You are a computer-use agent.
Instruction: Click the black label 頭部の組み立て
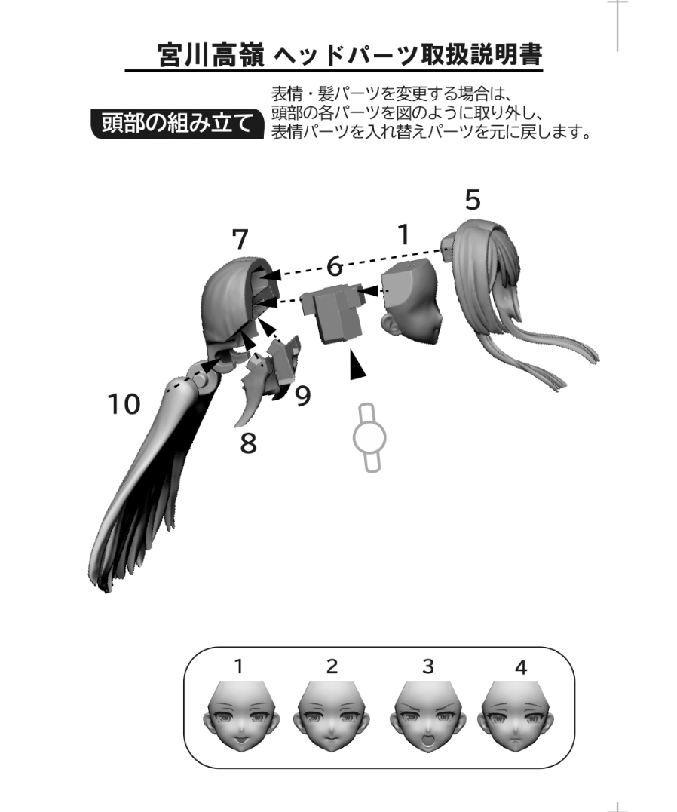tap(177, 123)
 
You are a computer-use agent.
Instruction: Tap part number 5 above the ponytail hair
tap(473, 200)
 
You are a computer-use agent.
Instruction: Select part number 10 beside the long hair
tap(124, 404)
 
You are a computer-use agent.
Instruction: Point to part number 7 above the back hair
tap(240, 240)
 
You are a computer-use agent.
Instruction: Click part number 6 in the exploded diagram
tap(335, 267)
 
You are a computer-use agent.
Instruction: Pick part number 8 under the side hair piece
tap(248, 443)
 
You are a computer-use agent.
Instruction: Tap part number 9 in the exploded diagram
tap(302, 396)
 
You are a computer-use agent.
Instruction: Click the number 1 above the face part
tap(404, 234)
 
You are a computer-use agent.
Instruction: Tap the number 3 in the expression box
tap(428, 666)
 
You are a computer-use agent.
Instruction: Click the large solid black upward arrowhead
tap(357, 365)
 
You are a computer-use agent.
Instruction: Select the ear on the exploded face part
tap(388, 324)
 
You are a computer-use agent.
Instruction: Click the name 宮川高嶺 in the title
tap(211, 55)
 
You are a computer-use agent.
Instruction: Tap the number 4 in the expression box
tap(521, 667)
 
